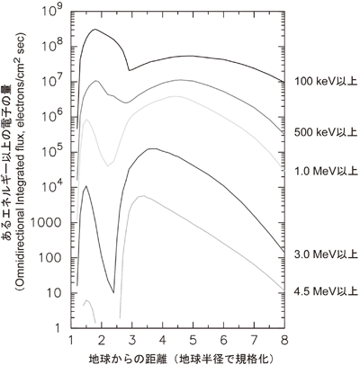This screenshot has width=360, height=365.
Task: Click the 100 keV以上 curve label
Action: click(x=326, y=81)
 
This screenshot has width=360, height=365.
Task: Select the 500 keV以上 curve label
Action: click(x=326, y=132)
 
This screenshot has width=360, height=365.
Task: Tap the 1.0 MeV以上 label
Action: click(x=327, y=171)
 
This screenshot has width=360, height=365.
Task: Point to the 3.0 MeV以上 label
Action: click(x=327, y=254)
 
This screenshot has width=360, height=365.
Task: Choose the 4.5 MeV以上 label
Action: click(x=327, y=291)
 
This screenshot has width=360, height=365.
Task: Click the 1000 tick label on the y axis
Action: click(x=51, y=223)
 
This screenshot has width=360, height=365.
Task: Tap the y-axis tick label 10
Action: click(x=59, y=293)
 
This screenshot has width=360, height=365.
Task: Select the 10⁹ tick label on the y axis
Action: click(x=55, y=12)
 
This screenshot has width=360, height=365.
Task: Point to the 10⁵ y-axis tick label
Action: click(x=55, y=153)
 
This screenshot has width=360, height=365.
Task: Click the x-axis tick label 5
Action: click(x=193, y=341)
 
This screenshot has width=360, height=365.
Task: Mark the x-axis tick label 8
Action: click(x=284, y=341)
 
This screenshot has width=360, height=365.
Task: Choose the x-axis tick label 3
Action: click(x=132, y=341)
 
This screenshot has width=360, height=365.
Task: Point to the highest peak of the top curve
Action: click(x=95, y=29)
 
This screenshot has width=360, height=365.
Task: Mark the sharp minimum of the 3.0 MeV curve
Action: click(x=113, y=292)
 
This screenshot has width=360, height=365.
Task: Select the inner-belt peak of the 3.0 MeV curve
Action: click(x=86, y=186)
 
